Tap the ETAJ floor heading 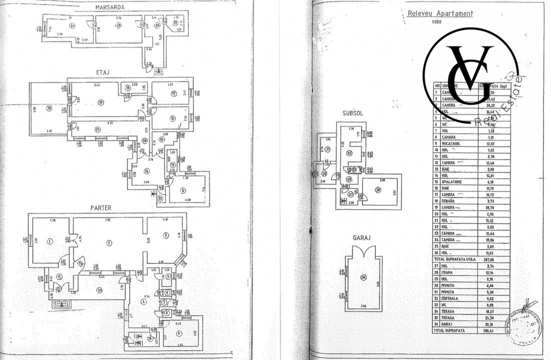click(x=103, y=72)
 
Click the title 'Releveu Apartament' click(x=440, y=14)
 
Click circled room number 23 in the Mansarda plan click(x=118, y=26)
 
